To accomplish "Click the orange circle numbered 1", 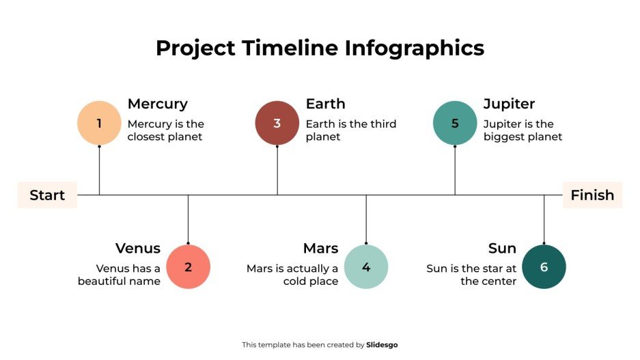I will coord(99,123).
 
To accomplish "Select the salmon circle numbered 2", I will coord(188,266).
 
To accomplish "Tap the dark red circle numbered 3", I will coord(277,123).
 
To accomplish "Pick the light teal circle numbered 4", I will coord(366,266).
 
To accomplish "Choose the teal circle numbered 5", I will coord(455,123).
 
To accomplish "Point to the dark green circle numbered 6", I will coord(544,266).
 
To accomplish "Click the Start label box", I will coord(47,195).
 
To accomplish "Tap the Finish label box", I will coord(592,195).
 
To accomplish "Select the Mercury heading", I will coord(157,104).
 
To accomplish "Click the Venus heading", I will coord(137,248).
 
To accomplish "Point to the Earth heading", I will coord(325,104).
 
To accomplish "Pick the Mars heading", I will coord(320,248).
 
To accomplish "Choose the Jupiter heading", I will coord(509,104).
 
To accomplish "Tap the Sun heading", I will coord(502,248).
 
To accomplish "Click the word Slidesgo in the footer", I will coord(382,345).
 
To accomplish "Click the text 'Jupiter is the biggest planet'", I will coord(523,130).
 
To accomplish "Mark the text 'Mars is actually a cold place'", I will coord(292,275).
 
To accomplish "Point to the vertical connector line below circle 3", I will coord(277,171).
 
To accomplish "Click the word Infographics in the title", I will coord(414,48).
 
